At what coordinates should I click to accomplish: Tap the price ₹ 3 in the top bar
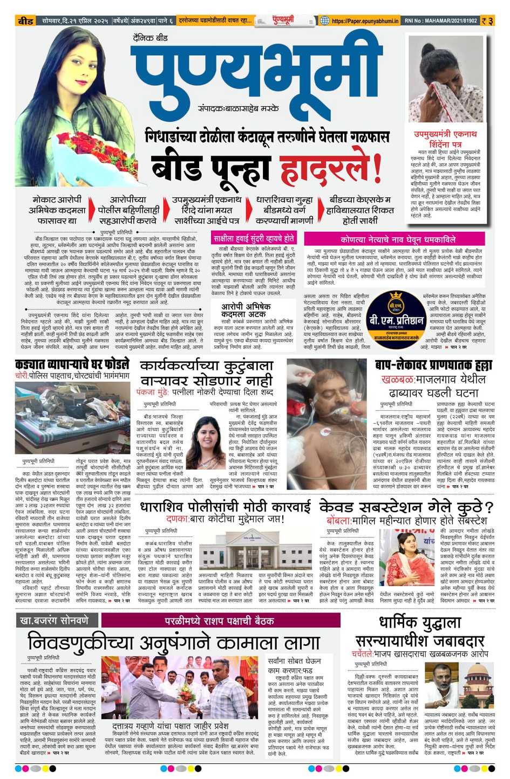pyautogui.click(x=487, y=21)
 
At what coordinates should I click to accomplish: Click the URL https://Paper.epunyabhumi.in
pyautogui.click(x=365, y=21)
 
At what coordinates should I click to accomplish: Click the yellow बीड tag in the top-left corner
pyautogui.click(x=26, y=21)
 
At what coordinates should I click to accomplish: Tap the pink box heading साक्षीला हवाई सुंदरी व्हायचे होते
pyautogui.click(x=254, y=238)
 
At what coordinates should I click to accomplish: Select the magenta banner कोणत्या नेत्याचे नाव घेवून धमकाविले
pyautogui.click(x=398, y=239)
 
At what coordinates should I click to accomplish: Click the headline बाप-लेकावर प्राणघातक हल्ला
pyautogui.click(x=434, y=365)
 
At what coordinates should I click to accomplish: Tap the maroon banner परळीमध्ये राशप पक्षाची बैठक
pyautogui.click(x=219, y=621)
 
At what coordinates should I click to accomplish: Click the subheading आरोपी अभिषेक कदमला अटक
pyautogui.click(x=246, y=310)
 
